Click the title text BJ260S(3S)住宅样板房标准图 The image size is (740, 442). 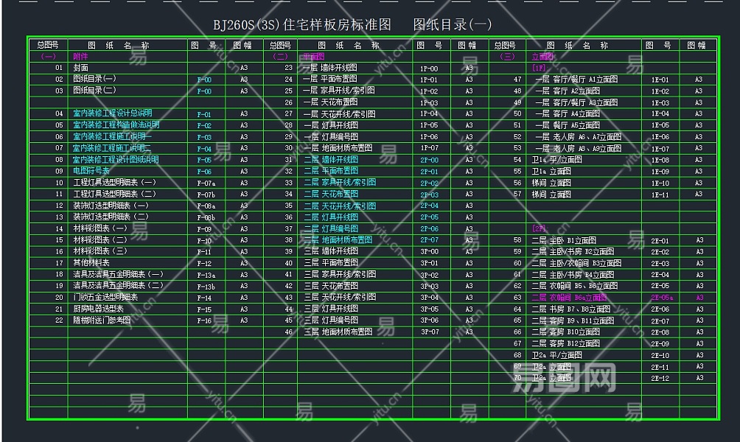[x=302, y=24]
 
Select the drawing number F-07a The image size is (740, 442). [x=206, y=183]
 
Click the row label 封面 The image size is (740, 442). [x=81, y=68]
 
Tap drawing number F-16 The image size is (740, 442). [x=204, y=321]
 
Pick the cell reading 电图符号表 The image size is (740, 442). [x=91, y=171]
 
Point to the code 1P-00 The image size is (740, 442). [x=428, y=69]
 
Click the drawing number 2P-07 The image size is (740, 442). [x=429, y=240]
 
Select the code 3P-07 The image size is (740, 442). [x=429, y=332]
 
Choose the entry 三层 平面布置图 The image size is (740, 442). [x=330, y=263]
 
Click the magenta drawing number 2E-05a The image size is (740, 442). [x=662, y=298]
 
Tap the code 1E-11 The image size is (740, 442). [x=660, y=194]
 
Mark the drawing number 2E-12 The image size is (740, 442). [x=660, y=379]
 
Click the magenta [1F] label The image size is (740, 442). [x=538, y=68]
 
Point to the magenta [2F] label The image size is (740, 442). [x=539, y=229]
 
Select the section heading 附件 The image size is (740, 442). [x=80, y=56]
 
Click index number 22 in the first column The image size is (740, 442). [x=59, y=320]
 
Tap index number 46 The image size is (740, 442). [x=288, y=332]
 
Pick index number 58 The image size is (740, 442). [x=517, y=241]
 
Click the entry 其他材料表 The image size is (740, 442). [x=91, y=263]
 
